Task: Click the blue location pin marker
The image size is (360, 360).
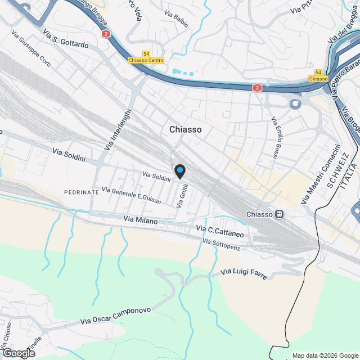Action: tap(179, 171)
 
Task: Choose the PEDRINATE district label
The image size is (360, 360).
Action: tap(82, 192)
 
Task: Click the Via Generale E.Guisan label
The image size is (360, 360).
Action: tap(131, 195)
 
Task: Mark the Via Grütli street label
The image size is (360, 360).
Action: tap(182, 197)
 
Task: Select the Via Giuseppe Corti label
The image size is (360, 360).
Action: tap(31, 51)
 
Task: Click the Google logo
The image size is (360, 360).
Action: tap(18, 353)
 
